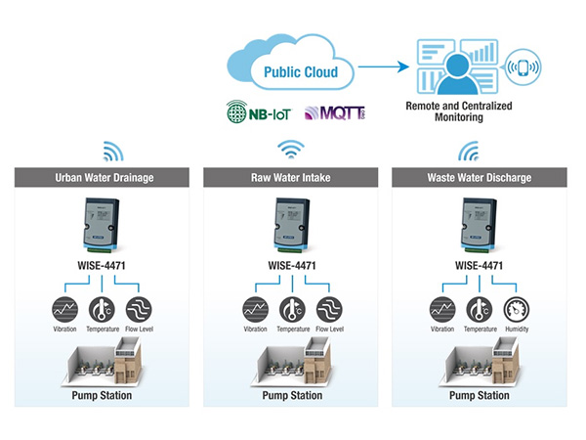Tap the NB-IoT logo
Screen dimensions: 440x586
[257, 114]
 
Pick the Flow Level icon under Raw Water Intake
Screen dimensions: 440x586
[330, 309]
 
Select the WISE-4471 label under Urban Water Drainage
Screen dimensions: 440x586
[102, 265]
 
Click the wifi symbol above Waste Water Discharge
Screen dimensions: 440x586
[470, 152]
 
